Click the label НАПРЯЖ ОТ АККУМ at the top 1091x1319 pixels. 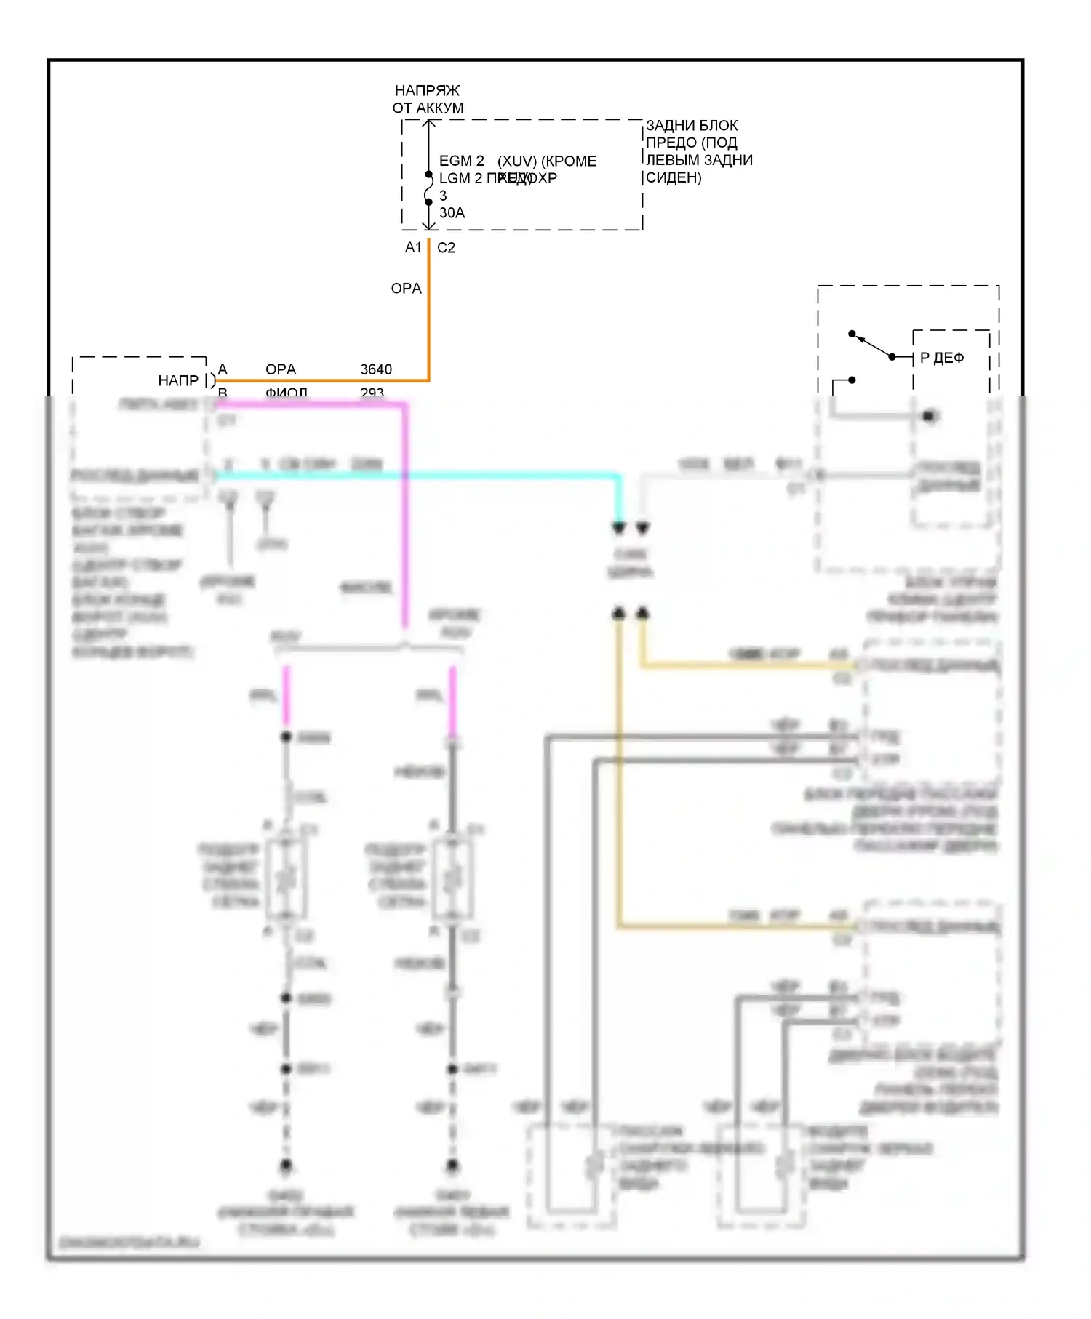428,99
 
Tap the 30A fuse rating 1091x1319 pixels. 452,213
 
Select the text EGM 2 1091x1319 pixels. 461,161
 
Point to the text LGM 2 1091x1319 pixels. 460,178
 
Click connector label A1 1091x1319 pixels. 413,248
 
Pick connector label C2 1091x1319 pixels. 446,248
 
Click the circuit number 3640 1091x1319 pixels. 376,369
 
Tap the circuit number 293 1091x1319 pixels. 372,393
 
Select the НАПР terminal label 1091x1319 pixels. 178,381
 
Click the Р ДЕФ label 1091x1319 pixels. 942,358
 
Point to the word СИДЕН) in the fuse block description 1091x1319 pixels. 674,178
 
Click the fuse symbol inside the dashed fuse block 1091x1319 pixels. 429,188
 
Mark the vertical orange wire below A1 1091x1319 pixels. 429,313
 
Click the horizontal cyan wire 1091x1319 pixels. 415,476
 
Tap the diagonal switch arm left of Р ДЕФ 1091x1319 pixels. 873,346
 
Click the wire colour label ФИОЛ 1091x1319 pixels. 286,393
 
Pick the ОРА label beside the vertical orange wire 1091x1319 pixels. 406,289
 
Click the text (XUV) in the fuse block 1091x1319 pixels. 517,161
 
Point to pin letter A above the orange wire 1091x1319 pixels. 223,369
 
